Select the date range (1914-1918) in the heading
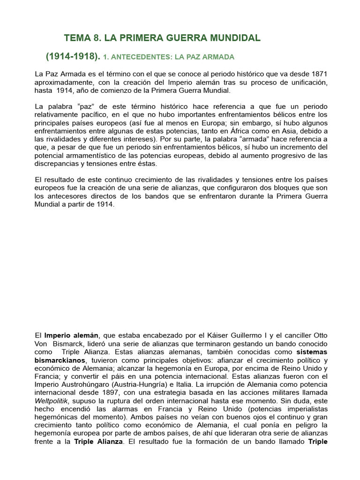coord(73,57)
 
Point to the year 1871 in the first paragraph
coord(318,74)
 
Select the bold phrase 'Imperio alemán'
coord(71,335)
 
